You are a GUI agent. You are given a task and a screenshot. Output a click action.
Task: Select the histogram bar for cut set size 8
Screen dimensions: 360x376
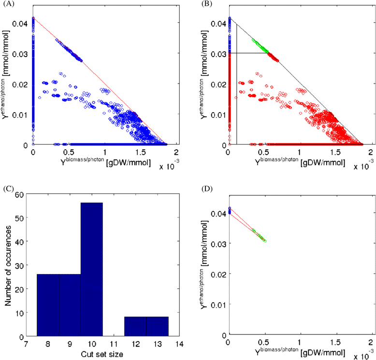click(48, 304)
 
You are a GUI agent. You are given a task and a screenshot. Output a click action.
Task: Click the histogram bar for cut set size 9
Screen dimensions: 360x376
click(70, 304)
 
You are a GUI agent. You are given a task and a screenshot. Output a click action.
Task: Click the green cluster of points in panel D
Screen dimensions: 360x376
click(259, 235)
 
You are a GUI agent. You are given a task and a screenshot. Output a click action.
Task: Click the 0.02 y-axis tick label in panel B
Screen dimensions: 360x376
click(217, 84)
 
